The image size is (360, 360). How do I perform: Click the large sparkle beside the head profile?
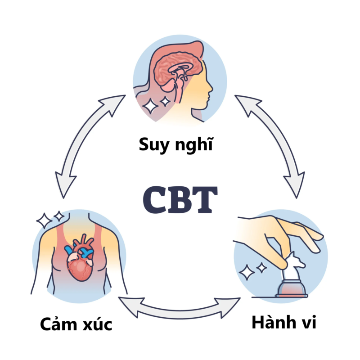tap(150, 106)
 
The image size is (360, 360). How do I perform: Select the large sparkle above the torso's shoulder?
tap(44, 221)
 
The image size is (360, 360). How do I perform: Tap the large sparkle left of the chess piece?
tap(247, 272)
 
